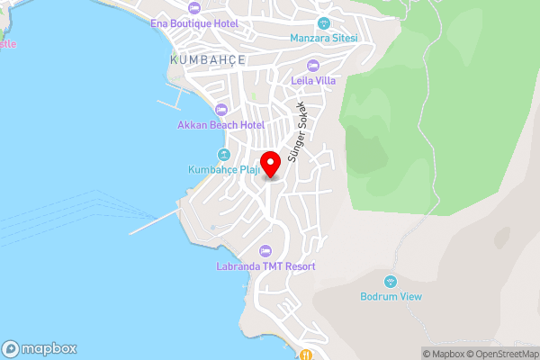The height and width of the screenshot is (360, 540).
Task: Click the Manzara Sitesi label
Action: pos(324,38)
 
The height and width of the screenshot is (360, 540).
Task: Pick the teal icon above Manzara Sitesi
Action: pos(324,22)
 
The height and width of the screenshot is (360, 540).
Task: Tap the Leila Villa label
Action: pos(313,80)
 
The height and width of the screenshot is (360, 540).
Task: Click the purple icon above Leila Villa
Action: pos(313,65)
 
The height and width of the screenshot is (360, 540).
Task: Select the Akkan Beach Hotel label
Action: pos(221,125)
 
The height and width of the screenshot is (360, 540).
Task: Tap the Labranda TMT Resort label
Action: pos(265,266)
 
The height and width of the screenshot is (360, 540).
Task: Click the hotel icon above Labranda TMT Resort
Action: pos(265,251)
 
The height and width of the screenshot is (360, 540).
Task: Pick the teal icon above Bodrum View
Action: pos(390,282)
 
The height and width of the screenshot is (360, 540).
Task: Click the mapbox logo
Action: pos(39,348)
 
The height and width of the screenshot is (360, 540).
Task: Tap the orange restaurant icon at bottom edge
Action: pos(306,355)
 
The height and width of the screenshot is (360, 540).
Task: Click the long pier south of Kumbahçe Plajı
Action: pos(156,222)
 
